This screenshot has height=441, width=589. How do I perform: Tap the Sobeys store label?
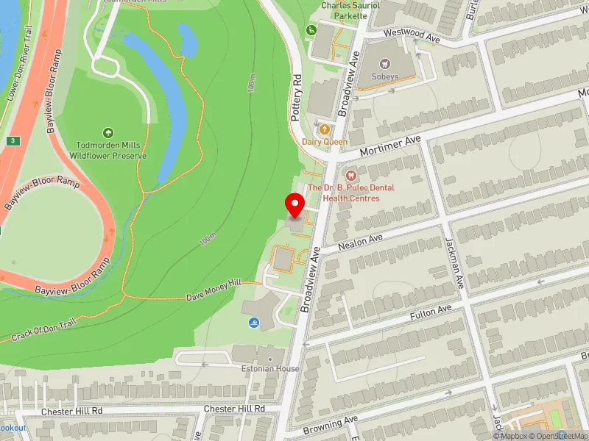384,76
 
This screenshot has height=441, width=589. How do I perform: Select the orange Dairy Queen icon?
324,129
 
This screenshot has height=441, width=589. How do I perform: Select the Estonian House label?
266,368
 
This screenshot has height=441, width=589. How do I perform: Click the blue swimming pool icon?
254,323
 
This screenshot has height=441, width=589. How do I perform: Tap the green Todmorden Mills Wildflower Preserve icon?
108,133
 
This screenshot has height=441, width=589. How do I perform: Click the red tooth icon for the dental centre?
350,175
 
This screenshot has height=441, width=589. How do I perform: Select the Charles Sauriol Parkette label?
350,10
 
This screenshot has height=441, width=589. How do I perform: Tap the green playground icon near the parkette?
311,30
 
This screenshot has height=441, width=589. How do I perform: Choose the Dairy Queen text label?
324,142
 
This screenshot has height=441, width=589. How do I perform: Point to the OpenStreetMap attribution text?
560,436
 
